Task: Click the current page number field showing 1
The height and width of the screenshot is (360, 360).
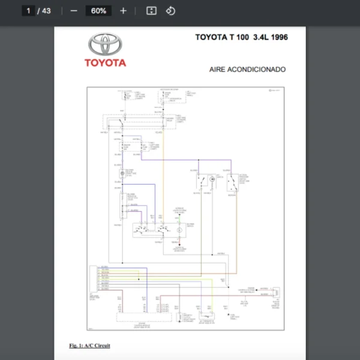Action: [x=28, y=11]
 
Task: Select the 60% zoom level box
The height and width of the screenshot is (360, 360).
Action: [x=98, y=11]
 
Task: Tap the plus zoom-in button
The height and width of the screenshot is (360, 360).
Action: [x=123, y=11]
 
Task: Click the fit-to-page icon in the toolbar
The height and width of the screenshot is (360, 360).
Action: [x=152, y=11]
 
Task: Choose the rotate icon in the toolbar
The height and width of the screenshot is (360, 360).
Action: [x=170, y=11]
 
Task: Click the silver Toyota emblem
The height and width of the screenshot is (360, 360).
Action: [x=105, y=44]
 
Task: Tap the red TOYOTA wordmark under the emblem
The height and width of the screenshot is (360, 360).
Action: [x=105, y=62]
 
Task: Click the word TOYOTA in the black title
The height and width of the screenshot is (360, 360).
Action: [x=210, y=37]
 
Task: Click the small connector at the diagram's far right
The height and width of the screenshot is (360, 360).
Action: [x=275, y=293]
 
